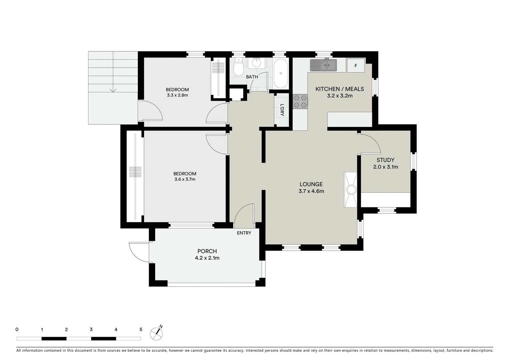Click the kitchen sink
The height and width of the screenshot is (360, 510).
point(323,65)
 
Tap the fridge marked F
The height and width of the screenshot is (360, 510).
point(356,66)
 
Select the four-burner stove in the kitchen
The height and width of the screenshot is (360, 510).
point(300,102)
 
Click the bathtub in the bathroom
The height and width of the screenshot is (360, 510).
point(280,74)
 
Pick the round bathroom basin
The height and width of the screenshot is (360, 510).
point(257,63)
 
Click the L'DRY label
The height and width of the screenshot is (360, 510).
point(282,110)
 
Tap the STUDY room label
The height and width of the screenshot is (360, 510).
point(385,160)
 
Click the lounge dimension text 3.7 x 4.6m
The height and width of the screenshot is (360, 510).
point(311,191)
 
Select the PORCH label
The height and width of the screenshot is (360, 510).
point(207,251)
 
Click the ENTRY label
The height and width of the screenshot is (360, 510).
point(244,233)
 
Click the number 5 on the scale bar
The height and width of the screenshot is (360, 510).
point(141,330)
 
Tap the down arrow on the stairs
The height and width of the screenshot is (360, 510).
point(113,89)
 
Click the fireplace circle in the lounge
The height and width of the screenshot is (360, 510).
point(351,190)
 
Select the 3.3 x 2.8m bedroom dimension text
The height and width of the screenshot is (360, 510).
point(177,95)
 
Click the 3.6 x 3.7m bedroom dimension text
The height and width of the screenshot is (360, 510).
point(185,179)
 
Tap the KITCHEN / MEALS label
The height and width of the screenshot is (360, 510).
point(340,89)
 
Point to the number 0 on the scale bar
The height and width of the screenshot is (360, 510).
point(17,330)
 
